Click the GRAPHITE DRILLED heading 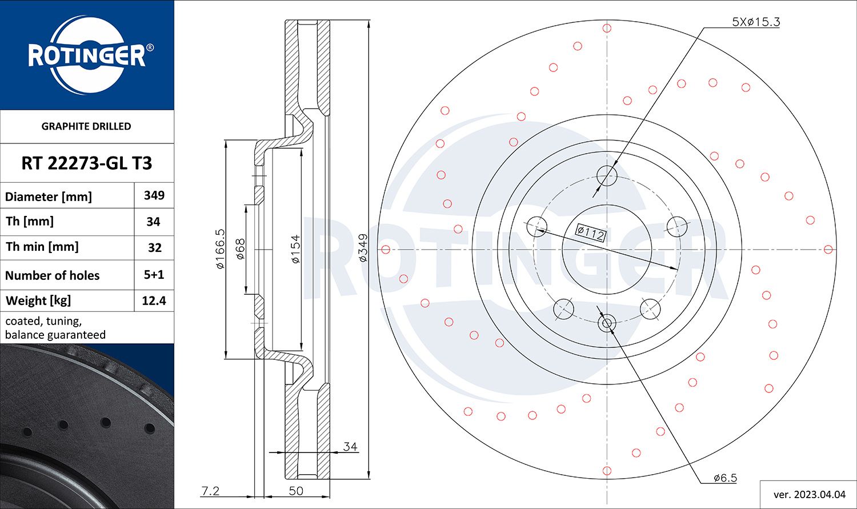coord(86,126)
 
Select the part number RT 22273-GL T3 coord(87,163)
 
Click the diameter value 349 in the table coord(154,195)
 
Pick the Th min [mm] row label coord(42,247)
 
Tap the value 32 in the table coord(154,248)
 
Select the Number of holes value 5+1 coord(154,275)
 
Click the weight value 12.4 coord(154,300)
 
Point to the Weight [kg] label coord(38,300)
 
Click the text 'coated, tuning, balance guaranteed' coord(55,328)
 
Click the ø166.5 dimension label coord(220,249)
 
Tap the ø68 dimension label coord(240,249)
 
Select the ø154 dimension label coord(295,249)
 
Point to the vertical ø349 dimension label coord(363,248)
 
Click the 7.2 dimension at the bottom coord(210,491)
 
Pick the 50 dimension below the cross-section coord(296,491)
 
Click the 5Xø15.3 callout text coord(755,22)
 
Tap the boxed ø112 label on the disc coord(590,233)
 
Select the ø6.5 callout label coord(724,478)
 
